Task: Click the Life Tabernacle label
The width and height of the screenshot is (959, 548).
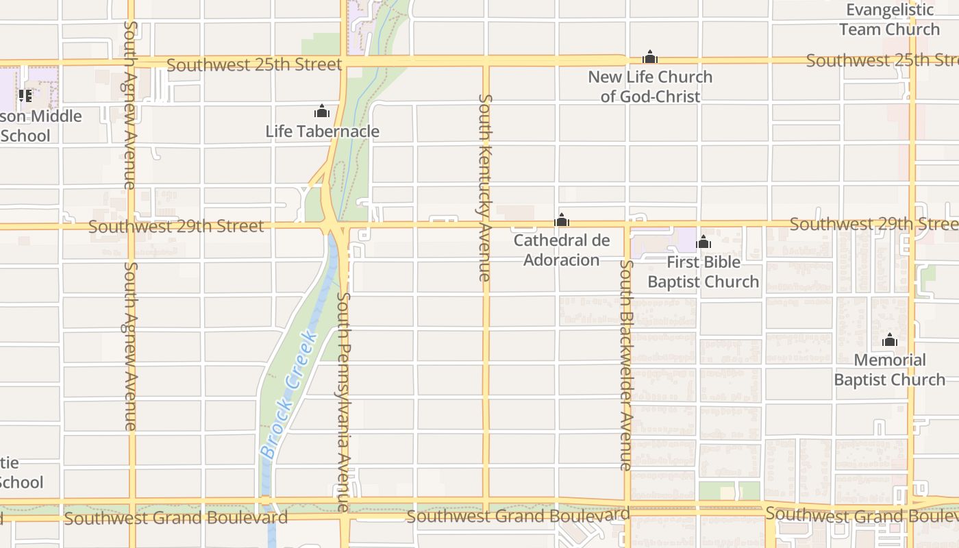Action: pos(322,131)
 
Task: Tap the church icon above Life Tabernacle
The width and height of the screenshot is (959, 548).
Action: pos(322,111)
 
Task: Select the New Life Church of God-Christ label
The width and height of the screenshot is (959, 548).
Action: pos(650,86)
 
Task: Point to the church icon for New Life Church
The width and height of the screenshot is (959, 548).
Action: pos(650,57)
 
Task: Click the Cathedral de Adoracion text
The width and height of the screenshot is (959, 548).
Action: pos(562,250)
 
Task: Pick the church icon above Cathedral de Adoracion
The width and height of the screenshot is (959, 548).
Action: pos(562,220)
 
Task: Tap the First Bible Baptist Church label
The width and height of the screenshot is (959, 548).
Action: pos(703,271)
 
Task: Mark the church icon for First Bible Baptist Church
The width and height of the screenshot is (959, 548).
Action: pos(703,242)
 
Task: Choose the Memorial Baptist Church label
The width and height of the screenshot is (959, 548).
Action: pos(889,369)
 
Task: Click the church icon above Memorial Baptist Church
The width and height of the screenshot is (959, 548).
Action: pos(890,340)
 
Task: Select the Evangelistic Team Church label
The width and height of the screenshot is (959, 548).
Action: pos(889,19)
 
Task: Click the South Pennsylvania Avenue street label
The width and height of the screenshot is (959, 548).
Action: pos(344,403)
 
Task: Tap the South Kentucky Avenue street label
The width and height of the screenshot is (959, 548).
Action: pos(485,188)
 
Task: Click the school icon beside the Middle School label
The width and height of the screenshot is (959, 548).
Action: pos(25,95)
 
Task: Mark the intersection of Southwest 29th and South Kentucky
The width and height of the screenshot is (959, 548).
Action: pos(486,224)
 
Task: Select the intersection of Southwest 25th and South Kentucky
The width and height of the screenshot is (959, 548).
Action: pos(486,62)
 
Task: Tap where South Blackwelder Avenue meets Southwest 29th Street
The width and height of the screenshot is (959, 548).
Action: pos(627,224)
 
